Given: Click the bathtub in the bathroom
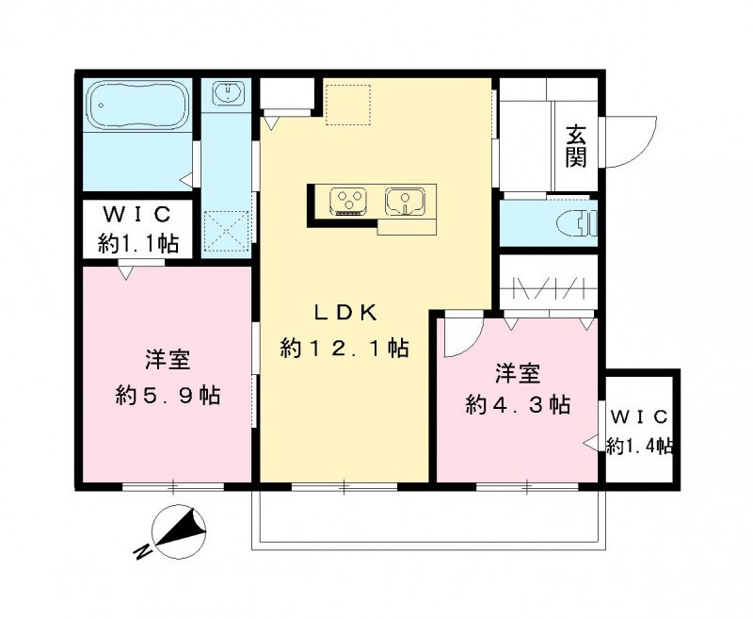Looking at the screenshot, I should click(137, 106).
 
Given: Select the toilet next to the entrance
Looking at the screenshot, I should click(576, 223).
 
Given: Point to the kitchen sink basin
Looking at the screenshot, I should click(406, 200).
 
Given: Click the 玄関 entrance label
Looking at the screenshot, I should click(576, 145).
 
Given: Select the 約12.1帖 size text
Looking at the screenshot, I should click(344, 348).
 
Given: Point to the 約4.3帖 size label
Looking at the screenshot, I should click(517, 404).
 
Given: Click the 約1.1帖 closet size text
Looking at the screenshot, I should click(138, 243).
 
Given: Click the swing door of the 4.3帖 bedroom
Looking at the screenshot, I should click(461, 339).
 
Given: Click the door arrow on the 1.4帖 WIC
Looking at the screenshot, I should click(593, 441).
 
